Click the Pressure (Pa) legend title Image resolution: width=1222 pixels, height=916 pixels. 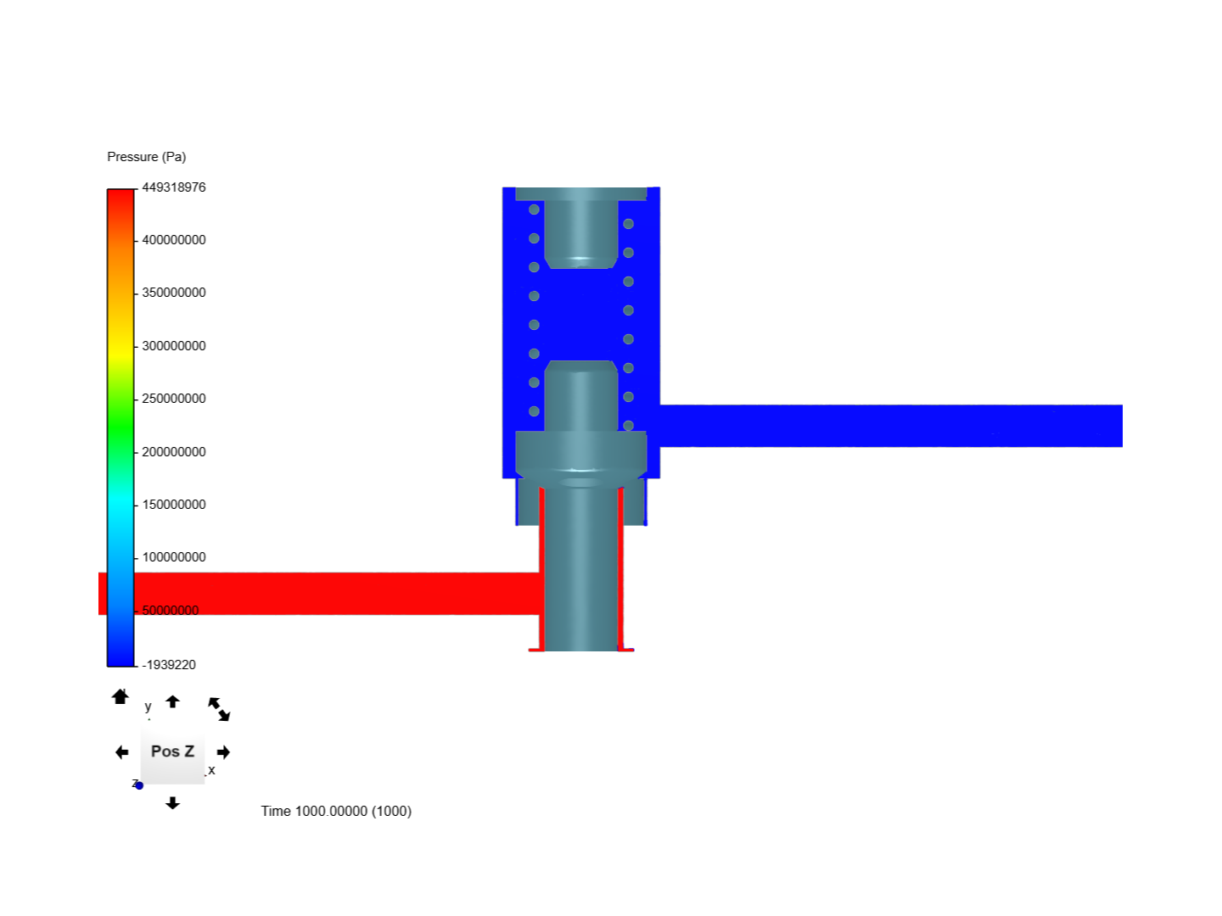[146, 156]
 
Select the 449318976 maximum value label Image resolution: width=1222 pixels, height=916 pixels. [173, 187]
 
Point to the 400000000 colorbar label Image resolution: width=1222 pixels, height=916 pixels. [173, 240]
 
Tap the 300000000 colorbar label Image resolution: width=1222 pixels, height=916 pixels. [173, 345]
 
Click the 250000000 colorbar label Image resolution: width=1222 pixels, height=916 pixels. [173, 399]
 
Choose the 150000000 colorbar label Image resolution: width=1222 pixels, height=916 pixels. [173, 504]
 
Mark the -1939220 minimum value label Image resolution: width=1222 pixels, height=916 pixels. [169, 664]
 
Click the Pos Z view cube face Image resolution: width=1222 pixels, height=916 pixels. [172, 751]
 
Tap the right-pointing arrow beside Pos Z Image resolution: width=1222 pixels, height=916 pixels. [222, 752]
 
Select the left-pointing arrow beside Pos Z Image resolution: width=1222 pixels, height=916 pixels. [122, 752]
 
